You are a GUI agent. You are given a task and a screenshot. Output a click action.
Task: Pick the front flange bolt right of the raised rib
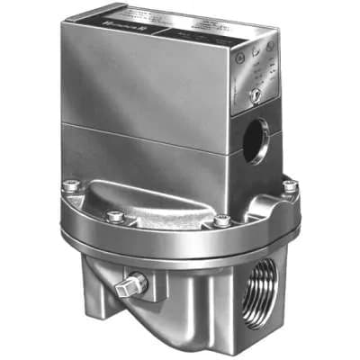221,219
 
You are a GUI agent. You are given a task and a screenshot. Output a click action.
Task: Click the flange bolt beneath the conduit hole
289,186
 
